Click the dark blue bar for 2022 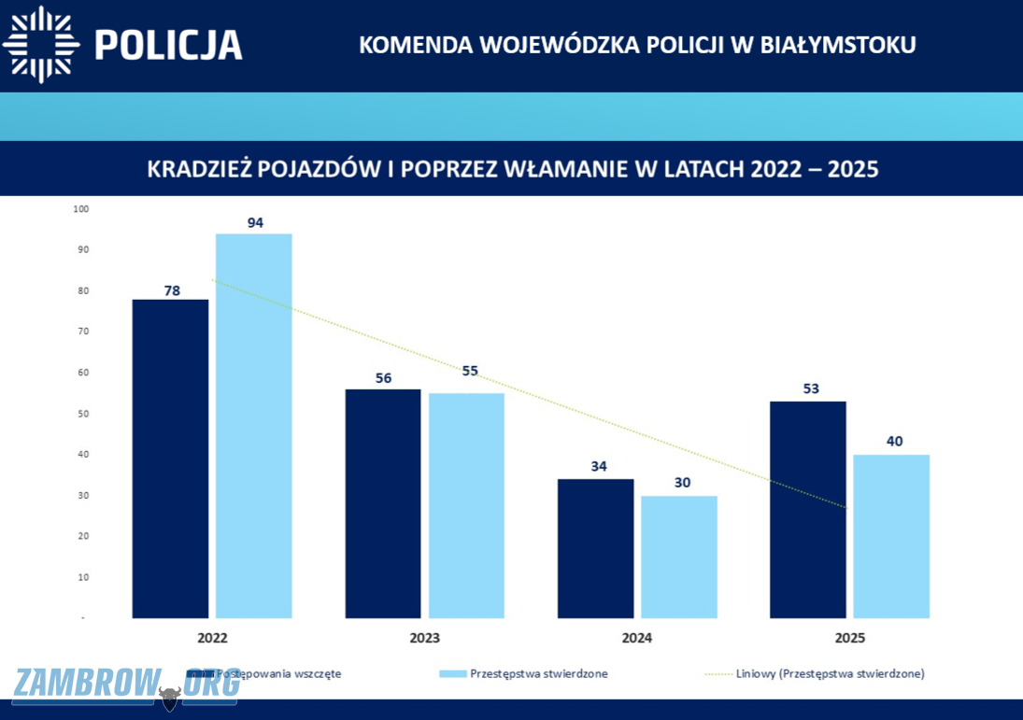coord(170,459)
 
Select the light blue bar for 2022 coord(254,426)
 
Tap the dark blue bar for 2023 coord(383,503)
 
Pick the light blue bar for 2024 coord(679,557)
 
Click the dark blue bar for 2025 coord(808,509)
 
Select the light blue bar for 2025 coord(892,536)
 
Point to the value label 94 coord(255,223)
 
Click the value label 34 coord(599,466)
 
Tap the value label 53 coord(811,388)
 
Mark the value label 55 coord(470,371)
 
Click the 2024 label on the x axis coord(637,639)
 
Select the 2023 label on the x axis coord(424,639)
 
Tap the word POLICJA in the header coord(169,44)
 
